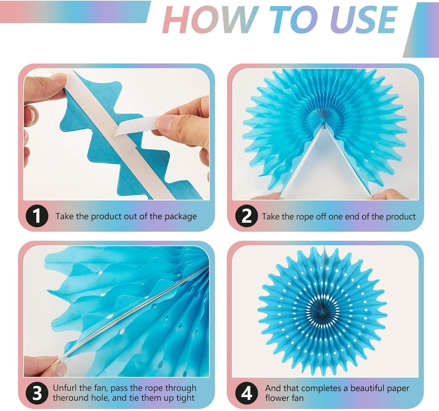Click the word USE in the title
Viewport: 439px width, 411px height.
point(364,20)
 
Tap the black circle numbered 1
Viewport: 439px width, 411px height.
point(37,216)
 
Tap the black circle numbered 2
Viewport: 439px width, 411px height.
point(246,216)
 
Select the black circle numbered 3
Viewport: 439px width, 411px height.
point(37,393)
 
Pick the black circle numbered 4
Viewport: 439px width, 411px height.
point(246,393)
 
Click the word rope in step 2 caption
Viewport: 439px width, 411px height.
point(305,217)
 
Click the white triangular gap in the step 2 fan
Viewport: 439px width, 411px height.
point(324,170)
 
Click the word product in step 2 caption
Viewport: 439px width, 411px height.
point(402,217)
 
